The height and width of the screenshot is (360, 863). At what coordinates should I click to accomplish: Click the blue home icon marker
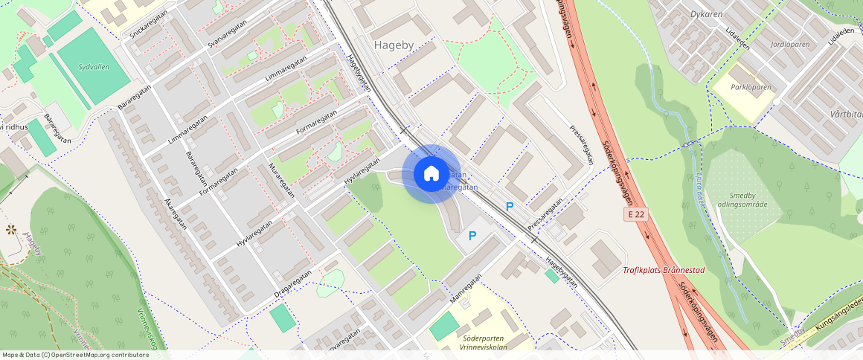click(x=431, y=174)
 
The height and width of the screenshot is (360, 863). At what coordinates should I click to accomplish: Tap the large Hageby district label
click(x=394, y=45)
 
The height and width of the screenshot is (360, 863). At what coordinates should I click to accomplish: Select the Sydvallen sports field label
click(x=94, y=67)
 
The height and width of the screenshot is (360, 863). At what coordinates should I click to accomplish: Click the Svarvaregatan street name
click(x=228, y=34)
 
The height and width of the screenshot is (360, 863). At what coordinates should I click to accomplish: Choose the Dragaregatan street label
click(x=292, y=284)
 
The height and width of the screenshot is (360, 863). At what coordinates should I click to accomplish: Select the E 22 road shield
click(x=635, y=214)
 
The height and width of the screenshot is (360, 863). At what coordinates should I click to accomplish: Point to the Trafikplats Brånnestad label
click(x=663, y=270)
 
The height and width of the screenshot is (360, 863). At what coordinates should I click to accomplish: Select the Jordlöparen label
click(x=789, y=45)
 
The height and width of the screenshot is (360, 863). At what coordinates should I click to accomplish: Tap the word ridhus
click(x=16, y=126)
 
